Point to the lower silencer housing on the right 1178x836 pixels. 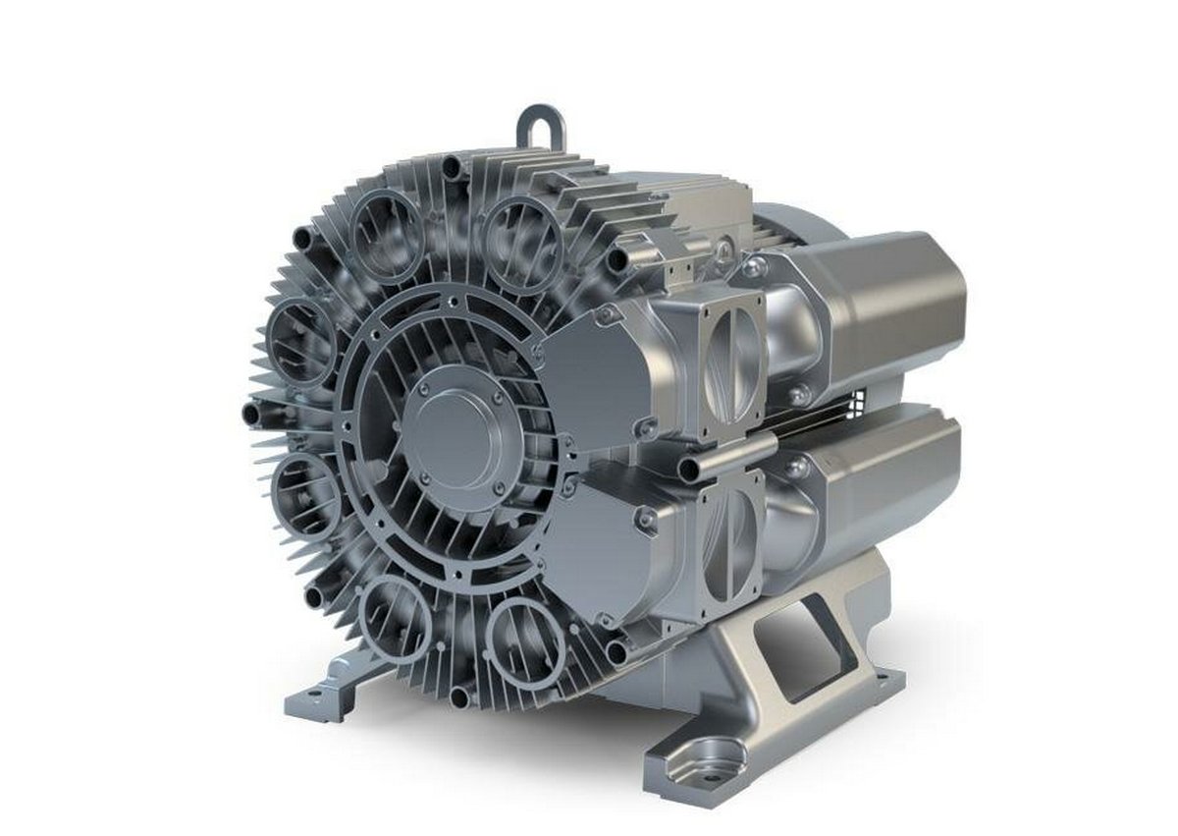874,481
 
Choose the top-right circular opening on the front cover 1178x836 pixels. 521,236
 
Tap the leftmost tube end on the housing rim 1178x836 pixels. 253,414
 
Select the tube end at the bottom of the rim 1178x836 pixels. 460,697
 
